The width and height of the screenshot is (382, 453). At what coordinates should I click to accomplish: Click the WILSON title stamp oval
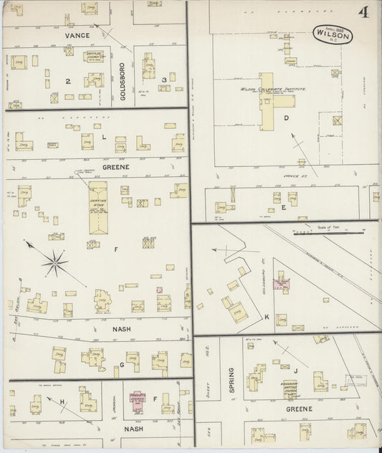click(x=332, y=34)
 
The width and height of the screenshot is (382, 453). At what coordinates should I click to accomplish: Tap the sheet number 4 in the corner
click(x=364, y=13)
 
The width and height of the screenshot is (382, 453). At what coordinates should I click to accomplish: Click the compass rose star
click(x=54, y=263)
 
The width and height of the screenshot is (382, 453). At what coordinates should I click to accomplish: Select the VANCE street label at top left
click(x=77, y=36)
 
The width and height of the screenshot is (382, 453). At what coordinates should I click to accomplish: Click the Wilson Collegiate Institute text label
click(x=273, y=89)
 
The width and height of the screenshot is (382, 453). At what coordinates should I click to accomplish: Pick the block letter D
click(x=286, y=118)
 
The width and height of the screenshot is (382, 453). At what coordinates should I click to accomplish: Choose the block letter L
click(x=103, y=136)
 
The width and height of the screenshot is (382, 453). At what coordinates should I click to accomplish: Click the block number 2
click(x=68, y=81)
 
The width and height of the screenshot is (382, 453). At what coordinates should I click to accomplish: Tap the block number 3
click(x=164, y=80)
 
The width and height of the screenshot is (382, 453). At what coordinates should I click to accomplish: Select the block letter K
click(x=266, y=316)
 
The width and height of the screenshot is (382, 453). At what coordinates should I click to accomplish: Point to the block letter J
click(x=295, y=371)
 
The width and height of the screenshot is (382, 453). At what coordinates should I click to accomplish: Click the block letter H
click(x=62, y=401)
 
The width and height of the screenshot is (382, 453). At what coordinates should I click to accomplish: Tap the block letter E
click(x=284, y=207)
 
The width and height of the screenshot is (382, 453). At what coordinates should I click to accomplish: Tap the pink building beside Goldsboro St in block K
click(x=281, y=284)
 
